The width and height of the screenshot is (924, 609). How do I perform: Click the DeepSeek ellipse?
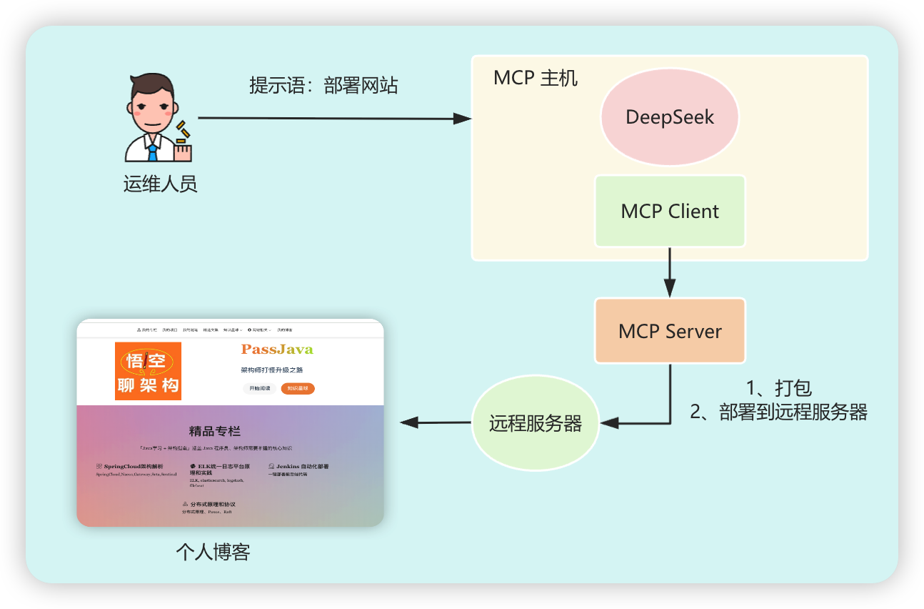pyautogui.click(x=669, y=117)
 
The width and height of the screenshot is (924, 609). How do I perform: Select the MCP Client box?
pyautogui.click(x=670, y=212)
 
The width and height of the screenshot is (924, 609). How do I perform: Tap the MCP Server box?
pyautogui.click(x=670, y=332)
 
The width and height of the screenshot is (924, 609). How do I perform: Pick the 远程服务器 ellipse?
pyautogui.click(x=535, y=423)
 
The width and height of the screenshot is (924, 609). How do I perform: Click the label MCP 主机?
pyautogui.click(x=536, y=78)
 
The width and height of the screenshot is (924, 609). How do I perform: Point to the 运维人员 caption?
pyautogui.click(x=160, y=184)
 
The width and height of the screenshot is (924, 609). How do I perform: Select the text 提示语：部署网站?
pyautogui.click(x=323, y=86)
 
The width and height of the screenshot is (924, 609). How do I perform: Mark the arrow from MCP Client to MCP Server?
pyautogui.click(x=670, y=272)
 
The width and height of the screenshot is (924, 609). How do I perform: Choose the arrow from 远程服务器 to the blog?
pyautogui.click(x=436, y=422)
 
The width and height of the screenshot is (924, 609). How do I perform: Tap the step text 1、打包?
pyautogui.click(x=778, y=389)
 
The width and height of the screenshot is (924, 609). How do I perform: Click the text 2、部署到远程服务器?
pyautogui.click(x=778, y=412)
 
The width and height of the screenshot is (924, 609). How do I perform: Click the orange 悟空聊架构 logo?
pyautogui.click(x=149, y=371)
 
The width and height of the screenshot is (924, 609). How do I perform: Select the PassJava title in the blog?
pyautogui.click(x=277, y=350)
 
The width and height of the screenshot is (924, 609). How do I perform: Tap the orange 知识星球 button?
pyautogui.click(x=298, y=389)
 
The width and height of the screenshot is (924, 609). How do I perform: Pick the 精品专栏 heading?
pyautogui.click(x=214, y=431)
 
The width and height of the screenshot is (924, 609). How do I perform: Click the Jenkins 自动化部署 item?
pyautogui.click(x=298, y=466)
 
